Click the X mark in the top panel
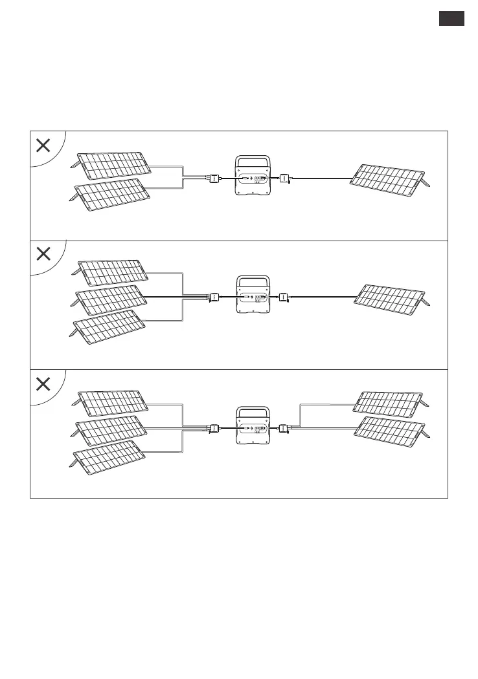(x=43, y=145)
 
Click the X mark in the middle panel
(x=43, y=254)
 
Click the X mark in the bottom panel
(x=43, y=384)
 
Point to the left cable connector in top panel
(x=213, y=178)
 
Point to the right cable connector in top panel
(x=284, y=178)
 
